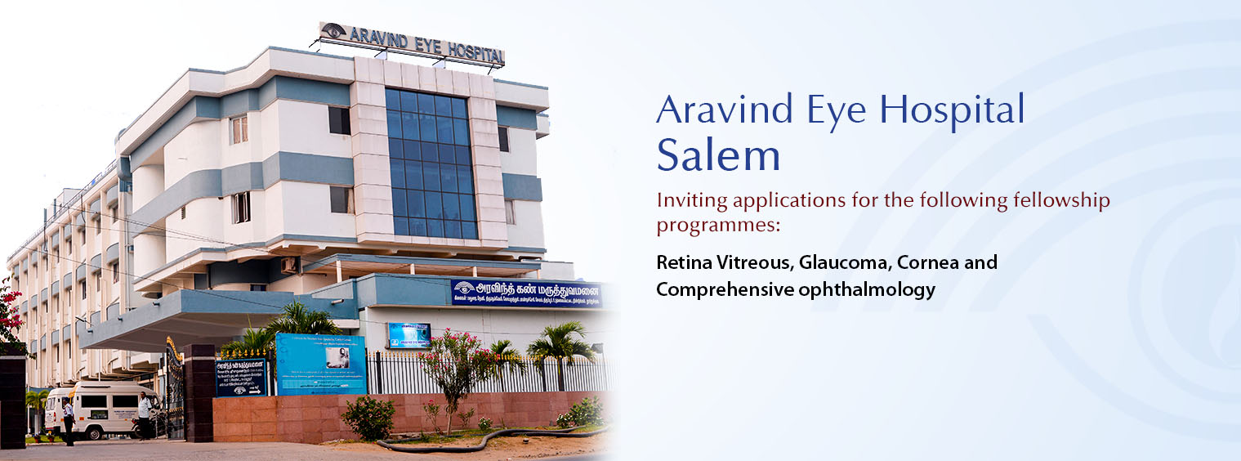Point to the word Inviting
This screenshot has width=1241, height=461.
(691, 199)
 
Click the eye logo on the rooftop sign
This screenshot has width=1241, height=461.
(333, 31)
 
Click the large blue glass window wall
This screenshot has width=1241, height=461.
(431, 163)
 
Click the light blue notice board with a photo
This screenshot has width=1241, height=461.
(320, 363)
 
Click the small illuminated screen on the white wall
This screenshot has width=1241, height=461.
(408, 335)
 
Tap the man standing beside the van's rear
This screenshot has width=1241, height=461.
(145, 414)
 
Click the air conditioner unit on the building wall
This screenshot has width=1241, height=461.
(288, 265)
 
